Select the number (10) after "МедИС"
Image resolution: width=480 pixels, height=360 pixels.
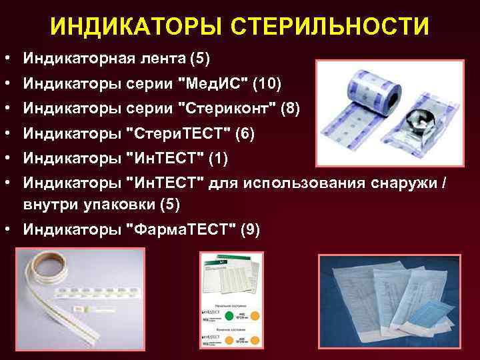pyautogui.click(x=267, y=84)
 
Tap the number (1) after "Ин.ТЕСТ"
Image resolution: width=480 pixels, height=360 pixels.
pyautogui.click(x=219, y=158)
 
